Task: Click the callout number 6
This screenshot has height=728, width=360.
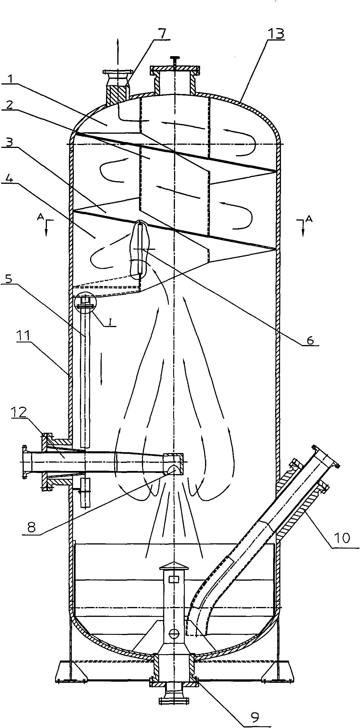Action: coord(310,340)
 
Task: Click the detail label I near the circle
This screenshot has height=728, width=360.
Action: coord(110,322)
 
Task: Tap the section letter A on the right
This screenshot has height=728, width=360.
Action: coord(309,219)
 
